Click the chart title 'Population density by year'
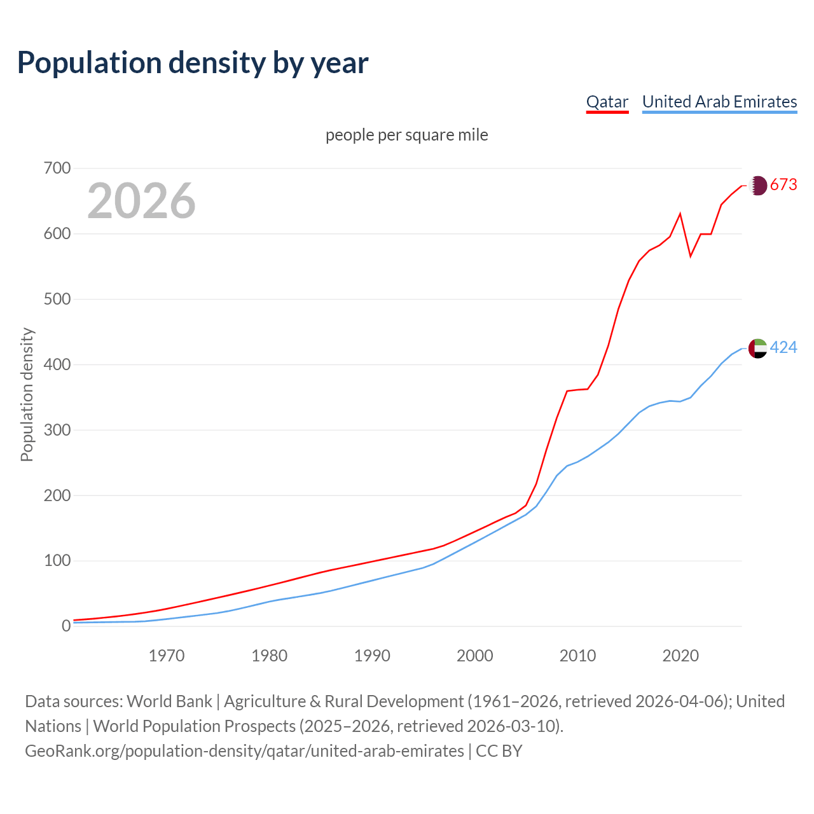click(x=193, y=63)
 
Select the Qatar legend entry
click(x=607, y=102)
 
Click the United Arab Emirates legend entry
click(x=719, y=102)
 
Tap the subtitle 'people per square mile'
click(x=407, y=135)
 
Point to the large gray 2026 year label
click(x=141, y=201)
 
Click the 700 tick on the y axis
click(x=57, y=169)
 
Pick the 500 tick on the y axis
click(x=57, y=300)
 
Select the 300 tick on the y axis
click(x=57, y=431)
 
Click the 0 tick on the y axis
click(x=66, y=626)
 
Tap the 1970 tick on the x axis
click(x=167, y=656)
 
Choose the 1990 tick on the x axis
click(x=372, y=656)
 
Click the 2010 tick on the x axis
click(x=577, y=656)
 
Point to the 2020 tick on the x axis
click(x=680, y=656)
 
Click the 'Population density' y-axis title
click(x=27, y=394)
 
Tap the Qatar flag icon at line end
click(x=757, y=186)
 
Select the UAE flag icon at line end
click(x=757, y=348)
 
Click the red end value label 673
click(x=783, y=185)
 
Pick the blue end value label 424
click(x=783, y=348)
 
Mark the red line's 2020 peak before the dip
click(x=680, y=214)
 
